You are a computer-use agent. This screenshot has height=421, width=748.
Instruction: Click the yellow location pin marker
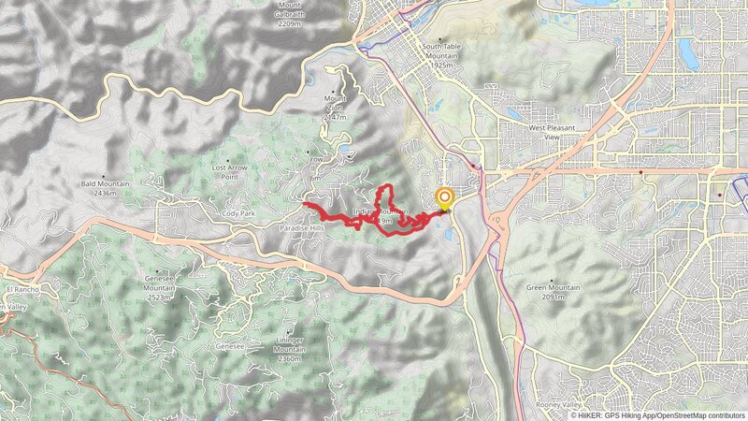tap(444, 197)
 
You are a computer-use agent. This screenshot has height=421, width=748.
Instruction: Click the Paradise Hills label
tap(301, 227)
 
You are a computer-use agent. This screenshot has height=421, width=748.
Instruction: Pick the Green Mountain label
tap(547, 288)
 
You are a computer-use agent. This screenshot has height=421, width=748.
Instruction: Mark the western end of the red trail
tap(305, 203)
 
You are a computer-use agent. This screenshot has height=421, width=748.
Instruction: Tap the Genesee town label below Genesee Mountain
tap(231, 344)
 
